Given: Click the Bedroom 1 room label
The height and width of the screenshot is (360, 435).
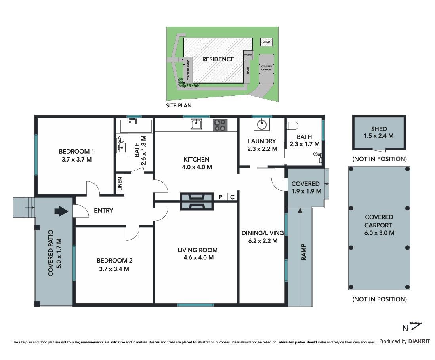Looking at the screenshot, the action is tap(76, 152).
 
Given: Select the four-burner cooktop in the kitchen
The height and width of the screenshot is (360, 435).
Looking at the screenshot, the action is tap(220, 125).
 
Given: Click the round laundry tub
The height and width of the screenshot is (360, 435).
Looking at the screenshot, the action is tap(261, 124).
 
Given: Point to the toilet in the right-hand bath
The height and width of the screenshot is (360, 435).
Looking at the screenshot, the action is tap(292, 126).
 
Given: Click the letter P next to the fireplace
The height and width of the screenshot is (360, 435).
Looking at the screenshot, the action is tap(221, 197).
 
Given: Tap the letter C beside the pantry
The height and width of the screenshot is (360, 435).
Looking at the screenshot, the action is tap(233, 197).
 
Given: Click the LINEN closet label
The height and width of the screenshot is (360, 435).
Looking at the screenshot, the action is tap(120, 184).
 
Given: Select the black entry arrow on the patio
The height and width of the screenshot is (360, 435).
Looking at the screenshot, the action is tap(61, 211).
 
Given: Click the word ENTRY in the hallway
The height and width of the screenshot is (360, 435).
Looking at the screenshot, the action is tap(103, 211).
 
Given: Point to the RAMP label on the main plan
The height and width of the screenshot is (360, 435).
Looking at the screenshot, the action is tap(304, 252).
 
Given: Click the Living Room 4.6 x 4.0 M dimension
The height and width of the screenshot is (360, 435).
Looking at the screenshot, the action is tap(198, 257).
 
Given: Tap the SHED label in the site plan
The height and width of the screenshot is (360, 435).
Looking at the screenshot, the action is tap(266, 42).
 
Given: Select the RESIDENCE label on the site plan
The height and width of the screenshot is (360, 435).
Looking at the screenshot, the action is tap(218, 59).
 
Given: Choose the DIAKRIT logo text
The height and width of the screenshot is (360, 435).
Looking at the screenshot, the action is tap(419, 341).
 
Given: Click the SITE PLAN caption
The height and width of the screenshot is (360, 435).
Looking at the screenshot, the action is tap(179, 105).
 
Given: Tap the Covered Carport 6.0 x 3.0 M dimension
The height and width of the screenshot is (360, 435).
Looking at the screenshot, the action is tap(379, 233).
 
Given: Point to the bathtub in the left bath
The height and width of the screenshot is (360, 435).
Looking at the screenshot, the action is tap(136, 126).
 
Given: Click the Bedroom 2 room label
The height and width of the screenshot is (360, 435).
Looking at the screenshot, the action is tap(114, 261).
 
